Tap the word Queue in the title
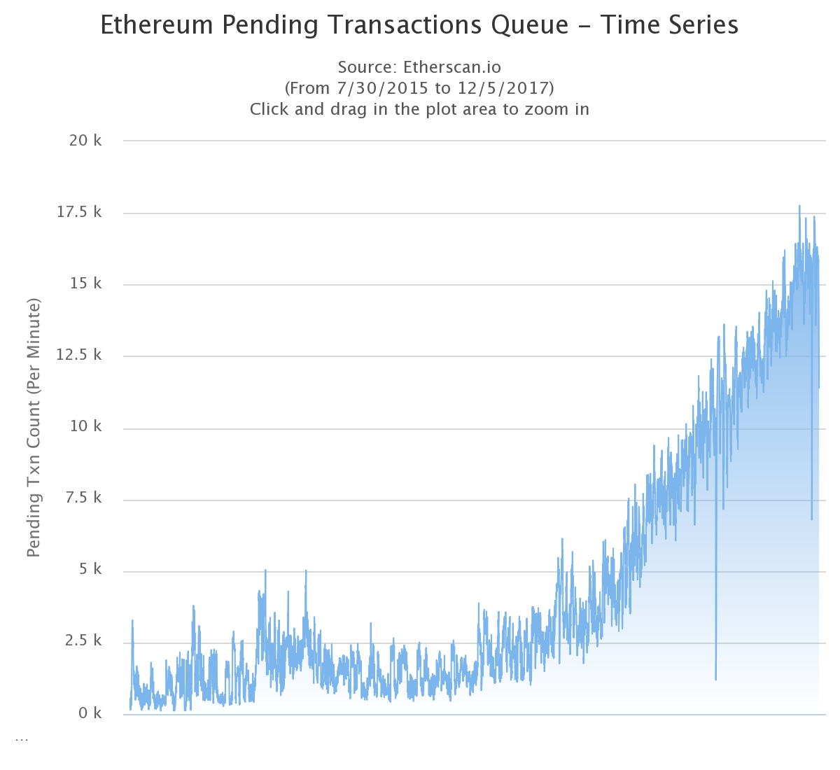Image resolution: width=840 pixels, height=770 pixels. point(529,25)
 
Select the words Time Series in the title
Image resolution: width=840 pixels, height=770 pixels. point(670,25)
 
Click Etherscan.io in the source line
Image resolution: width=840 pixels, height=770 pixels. point(452,67)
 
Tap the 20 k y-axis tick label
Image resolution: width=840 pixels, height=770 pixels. point(85,141)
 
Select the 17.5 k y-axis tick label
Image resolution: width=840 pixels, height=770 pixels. point(79,212)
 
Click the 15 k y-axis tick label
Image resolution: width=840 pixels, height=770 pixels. point(85,283)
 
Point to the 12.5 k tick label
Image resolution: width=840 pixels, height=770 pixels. point(79,355)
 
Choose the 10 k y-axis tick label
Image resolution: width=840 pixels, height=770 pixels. point(85,426)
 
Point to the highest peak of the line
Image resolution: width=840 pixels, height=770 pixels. point(799,206)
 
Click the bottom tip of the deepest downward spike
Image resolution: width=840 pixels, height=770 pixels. point(715,679)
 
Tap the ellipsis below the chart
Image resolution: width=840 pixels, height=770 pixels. point(22,738)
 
